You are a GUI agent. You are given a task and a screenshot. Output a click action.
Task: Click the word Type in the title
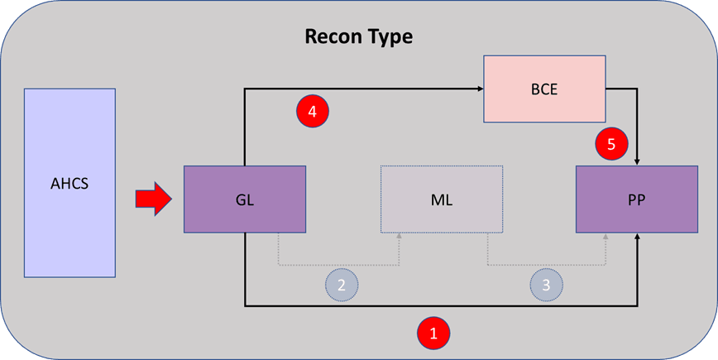pyautogui.click(x=390, y=37)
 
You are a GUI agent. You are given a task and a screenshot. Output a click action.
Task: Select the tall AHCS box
pyautogui.click(x=69, y=183)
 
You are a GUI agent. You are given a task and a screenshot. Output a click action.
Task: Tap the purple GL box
pyautogui.click(x=245, y=199)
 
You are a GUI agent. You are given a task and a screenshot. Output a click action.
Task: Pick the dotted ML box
pyautogui.click(x=441, y=199)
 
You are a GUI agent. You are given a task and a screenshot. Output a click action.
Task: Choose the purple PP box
pyautogui.click(x=637, y=199)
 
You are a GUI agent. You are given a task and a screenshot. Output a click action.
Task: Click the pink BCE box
pyautogui.click(x=544, y=88)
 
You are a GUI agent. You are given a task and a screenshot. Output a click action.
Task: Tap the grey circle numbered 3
pyautogui.click(x=546, y=284)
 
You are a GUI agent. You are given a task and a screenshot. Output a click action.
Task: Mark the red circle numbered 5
pyautogui.click(x=610, y=144)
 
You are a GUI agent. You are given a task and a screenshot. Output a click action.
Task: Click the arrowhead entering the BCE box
pyautogui.click(x=479, y=88)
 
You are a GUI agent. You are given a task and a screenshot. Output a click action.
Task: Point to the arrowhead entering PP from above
pyautogui.click(x=637, y=161)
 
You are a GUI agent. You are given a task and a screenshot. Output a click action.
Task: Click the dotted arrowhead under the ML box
pyautogui.click(x=400, y=238)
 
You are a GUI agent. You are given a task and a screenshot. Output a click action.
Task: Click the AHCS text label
pyautogui.click(x=69, y=183)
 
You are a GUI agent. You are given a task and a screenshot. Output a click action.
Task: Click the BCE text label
pyautogui.click(x=544, y=88)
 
